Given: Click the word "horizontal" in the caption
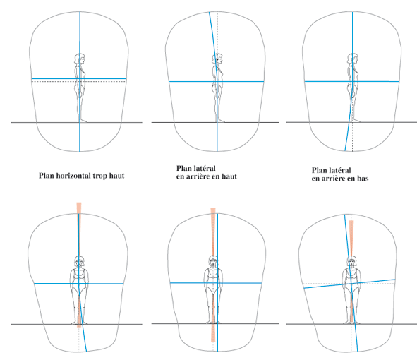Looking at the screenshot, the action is coord(71,176).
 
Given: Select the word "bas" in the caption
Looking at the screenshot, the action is coord(363,179).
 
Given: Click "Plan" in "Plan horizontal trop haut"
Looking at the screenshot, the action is coord(47,176).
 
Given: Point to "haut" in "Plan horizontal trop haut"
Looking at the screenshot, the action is coord(116,176).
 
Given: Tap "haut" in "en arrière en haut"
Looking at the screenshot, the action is coord(229,176).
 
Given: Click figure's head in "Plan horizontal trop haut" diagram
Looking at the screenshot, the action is coord(80,59).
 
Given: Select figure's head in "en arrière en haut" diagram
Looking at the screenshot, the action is coord(217,59).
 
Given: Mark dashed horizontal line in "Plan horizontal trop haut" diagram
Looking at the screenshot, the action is coord(79,82).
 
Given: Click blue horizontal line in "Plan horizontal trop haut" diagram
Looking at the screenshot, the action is coord(79,79).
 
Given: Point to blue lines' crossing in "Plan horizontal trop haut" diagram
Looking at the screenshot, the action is coord(80,79).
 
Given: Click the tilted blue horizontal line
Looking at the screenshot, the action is coord(349,284).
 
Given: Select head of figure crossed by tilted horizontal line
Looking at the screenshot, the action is coord(353,261).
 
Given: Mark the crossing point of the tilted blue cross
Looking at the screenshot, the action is coord(351,284).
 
